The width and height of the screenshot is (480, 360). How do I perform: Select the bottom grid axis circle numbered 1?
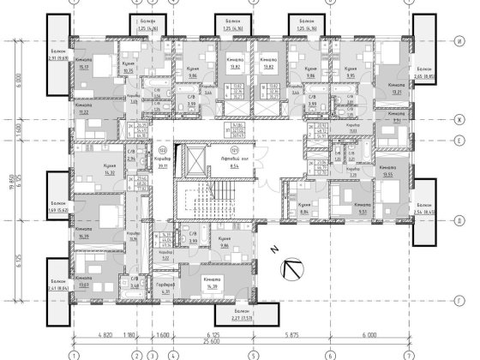(x=75, y=351)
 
